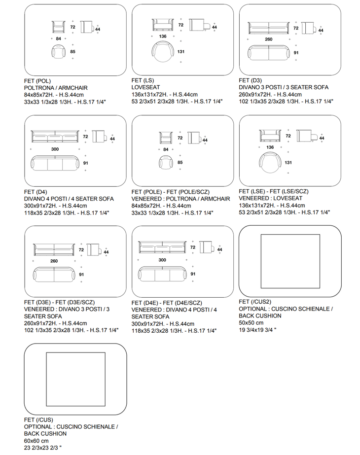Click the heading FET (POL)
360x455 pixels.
point(37,81)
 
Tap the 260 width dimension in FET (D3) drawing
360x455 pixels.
point(269,39)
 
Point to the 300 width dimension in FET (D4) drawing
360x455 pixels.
point(55,149)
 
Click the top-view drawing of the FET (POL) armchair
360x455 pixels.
point(59,52)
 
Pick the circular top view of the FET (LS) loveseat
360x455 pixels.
point(162,52)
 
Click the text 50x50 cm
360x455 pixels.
point(251,323)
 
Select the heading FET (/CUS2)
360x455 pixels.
point(255,302)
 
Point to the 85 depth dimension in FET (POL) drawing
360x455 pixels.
point(72,52)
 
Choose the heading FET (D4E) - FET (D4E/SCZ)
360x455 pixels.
point(167,303)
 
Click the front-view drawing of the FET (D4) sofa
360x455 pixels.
point(55,137)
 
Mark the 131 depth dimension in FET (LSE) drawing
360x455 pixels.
point(288,163)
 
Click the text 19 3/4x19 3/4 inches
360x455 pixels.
point(257,330)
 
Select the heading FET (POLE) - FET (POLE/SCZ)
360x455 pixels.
point(171,192)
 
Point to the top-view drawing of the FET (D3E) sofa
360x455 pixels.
point(54,275)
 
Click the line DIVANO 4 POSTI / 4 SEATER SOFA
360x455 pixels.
point(69,199)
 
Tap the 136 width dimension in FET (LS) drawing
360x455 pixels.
point(163,36)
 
